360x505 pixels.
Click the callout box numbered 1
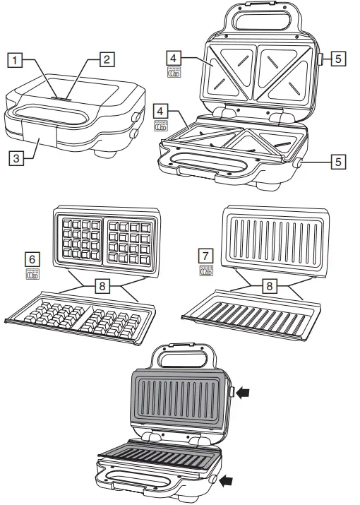coord(15,60)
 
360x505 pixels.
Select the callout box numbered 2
coord(107,59)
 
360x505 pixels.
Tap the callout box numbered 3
coord(16,158)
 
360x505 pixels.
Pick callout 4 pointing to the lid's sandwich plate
coord(174,59)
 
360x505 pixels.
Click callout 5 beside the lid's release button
coord(338,59)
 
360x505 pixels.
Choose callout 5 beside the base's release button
coord(338,161)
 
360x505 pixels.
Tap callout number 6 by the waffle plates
coord(32,259)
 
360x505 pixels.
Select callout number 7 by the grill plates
coord(205,256)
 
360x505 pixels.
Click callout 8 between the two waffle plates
coord(102,285)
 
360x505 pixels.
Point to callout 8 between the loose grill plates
coord(270,285)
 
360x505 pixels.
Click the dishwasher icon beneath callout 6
coord(32,273)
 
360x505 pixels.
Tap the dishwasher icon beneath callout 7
coord(206,271)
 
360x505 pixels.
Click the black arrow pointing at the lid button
coord(242,393)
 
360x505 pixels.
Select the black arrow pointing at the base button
coord(225,481)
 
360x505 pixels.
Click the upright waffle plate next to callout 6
coord(107,242)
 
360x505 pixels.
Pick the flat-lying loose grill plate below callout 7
coord(251,315)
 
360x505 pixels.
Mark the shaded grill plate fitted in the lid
coord(179,399)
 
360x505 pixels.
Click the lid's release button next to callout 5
coord(321,59)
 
